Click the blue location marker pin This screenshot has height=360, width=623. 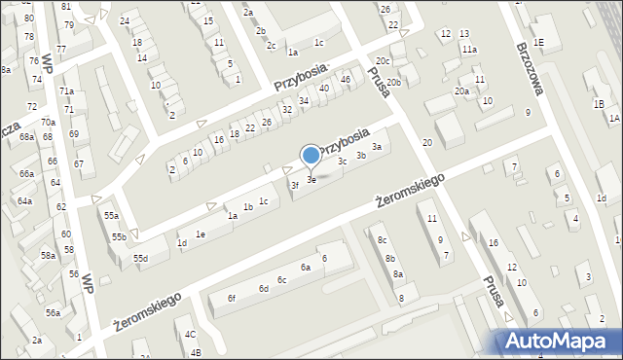[311, 156]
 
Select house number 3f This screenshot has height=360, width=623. [294, 185]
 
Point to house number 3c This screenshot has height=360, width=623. [342, 162]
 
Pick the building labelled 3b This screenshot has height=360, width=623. [360, 155]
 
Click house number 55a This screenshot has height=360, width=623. [112, 216]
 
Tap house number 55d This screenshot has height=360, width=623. [141, 258]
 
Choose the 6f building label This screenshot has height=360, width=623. [232, 298]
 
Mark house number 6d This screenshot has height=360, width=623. [263, 288]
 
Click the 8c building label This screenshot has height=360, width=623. [383, 239]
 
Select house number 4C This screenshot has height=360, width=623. [190, 334]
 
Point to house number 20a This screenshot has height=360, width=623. [461, 90]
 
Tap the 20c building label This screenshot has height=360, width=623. [396, 60]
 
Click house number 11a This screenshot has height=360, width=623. [470, 49]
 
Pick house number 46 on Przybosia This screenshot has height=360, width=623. [346, 79]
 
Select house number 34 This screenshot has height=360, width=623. [304, 100]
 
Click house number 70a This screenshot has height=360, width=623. [48, 123]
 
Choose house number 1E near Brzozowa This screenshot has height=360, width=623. [538, 42]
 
